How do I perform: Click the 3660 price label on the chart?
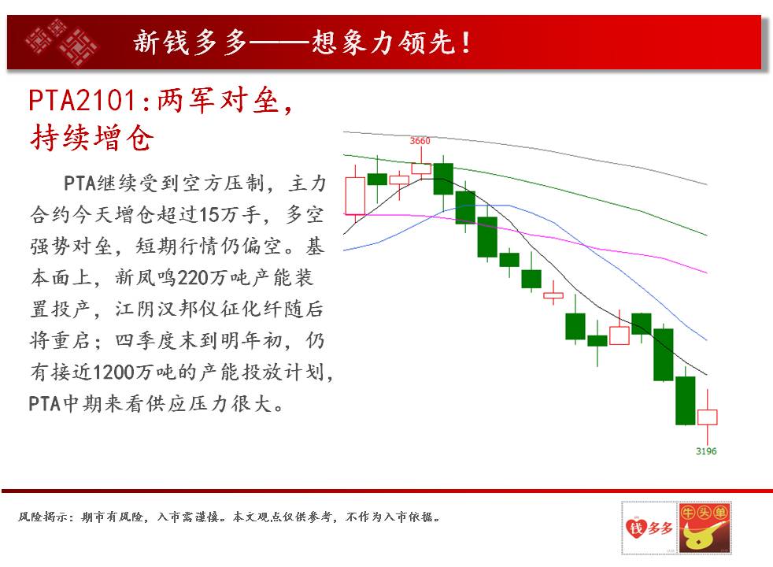tap(420, 140)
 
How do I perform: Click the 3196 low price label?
tap(706, 451)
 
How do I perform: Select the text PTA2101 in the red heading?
tap(83, 101)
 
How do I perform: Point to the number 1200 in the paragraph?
tap(112, 372)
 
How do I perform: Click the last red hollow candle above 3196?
tap(707, 417)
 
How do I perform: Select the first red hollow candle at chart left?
tap(355, 196)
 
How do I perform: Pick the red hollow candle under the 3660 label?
tap(421, 169)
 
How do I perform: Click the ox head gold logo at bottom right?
tap(705, 528)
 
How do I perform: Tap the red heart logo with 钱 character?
tap(635, 528)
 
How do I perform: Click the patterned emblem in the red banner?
tap(61, 42)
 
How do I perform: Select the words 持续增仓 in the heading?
tap(91, 138)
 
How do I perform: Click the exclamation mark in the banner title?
tap(465, 43)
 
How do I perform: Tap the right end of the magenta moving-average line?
tap(707, 272)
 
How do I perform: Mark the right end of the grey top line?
tap(707, 184)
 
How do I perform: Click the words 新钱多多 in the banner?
tap(190, 42)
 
